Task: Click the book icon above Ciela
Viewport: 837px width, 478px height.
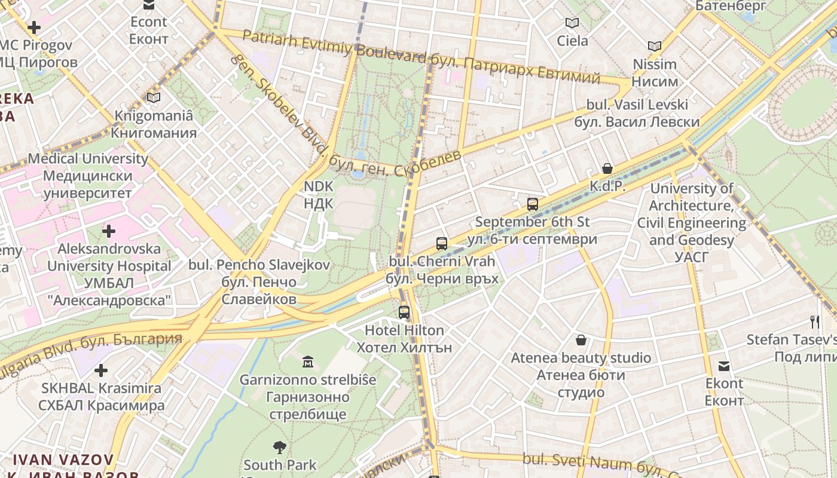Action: [572, 23]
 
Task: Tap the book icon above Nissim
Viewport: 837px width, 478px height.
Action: [655, 46]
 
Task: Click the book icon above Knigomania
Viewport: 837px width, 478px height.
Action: [154, 97]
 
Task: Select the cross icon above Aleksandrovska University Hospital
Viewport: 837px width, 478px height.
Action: [109, 231]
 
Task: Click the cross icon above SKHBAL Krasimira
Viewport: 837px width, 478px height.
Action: [101, 370]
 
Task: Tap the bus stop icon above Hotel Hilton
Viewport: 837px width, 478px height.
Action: [404, 312]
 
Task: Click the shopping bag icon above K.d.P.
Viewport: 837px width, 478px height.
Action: [607, 168]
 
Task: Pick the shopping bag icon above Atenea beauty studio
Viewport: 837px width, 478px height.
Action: [581, 340]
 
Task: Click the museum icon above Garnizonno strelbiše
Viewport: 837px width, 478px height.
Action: [308, 361]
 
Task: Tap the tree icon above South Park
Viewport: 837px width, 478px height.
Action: [279, 447]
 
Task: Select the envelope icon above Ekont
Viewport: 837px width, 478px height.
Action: [724, 366]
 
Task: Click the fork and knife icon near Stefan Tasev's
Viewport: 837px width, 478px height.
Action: [814, 322]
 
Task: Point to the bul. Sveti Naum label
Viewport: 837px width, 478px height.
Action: [586, 461]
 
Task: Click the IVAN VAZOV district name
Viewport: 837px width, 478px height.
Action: [63, 460]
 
